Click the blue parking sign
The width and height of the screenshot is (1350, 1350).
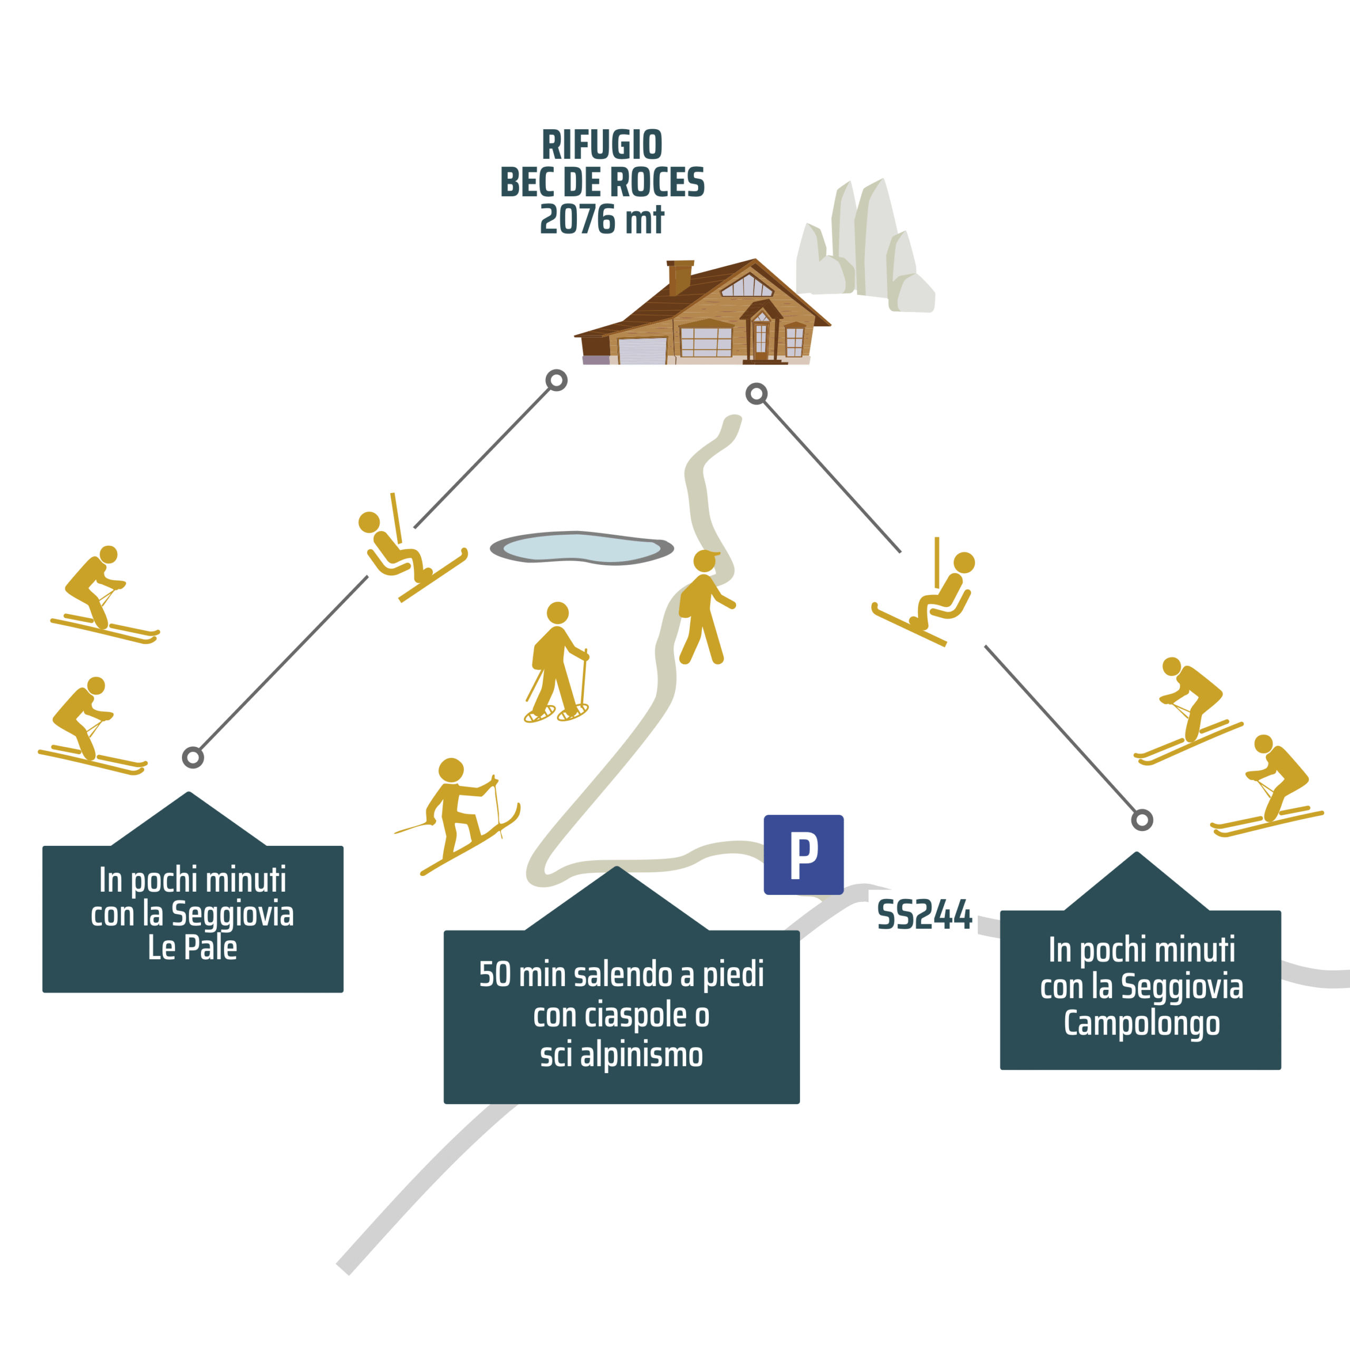(804, 855)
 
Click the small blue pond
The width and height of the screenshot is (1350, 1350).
(581, 548)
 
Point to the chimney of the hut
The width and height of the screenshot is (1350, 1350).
(679, 277)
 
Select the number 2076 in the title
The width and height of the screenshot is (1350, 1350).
(577, 219)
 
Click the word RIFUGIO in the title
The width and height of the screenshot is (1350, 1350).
(602, 146)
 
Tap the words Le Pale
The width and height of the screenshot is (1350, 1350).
(192, 948)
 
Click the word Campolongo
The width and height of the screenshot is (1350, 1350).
(1142, 1023)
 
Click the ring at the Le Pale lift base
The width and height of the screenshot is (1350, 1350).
(193, 757)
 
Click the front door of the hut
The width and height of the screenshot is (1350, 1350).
(761, 340)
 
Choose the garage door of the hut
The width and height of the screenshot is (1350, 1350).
(642, 351)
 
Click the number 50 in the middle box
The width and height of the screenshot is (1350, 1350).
(495, 974)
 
